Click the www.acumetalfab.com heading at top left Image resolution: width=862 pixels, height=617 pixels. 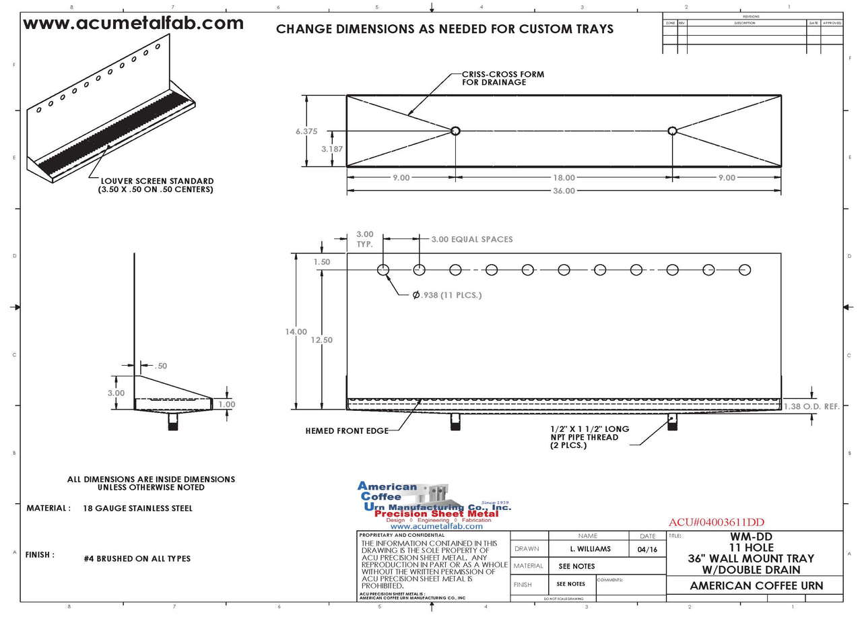point(133,24)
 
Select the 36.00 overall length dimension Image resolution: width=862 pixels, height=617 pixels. point(564,191)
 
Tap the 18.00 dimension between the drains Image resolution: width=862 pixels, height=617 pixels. point(564,178)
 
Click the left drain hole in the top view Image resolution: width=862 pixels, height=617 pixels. point(455,131)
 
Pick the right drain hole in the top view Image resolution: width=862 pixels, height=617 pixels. point(672,131)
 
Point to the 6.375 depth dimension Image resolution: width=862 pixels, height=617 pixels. point(306,131)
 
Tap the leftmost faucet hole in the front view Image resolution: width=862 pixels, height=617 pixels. point(383,270)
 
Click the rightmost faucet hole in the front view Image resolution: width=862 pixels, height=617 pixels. point(745,270)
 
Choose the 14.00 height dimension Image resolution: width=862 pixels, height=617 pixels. point(296,331)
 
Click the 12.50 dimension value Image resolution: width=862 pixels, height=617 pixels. point(322,340)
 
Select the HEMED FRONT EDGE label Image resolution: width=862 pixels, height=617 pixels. point(347,430)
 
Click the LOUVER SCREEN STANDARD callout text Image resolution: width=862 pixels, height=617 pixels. point(156,185)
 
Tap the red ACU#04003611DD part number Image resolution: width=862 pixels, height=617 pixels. point(717,523)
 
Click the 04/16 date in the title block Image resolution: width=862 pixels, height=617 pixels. point(646,549)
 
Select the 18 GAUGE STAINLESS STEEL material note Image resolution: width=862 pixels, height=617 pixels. point(138,508)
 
